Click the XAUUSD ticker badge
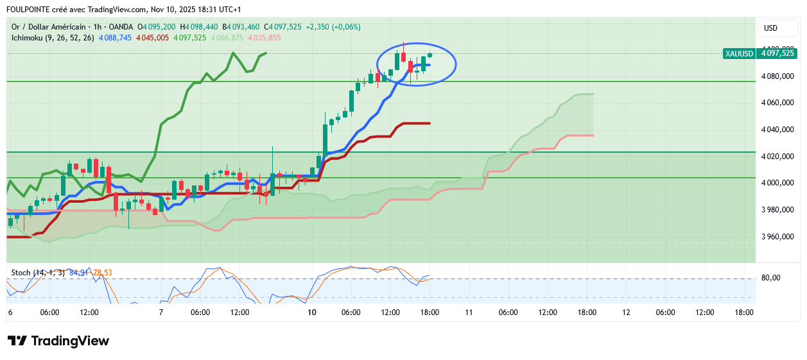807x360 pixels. (x=739, y=54)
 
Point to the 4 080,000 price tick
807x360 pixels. (x=777, y=76)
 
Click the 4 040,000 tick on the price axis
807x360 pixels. (x=777, y=130)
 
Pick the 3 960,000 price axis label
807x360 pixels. (x=777, y=237)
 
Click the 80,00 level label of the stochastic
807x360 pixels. (x=771, y=278)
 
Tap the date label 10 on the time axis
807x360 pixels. (x=312, y=313)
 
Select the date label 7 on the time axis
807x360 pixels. (x=161, y=313)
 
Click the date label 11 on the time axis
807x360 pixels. (x=469, y=313)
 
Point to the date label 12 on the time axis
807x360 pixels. (x=626, y=313)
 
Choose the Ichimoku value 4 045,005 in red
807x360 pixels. (x=152, y=38)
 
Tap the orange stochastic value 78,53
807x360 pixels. (x=103, y=273)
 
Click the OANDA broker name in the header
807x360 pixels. (x=121, y=27)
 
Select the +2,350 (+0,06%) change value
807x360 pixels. (x=333, y=27)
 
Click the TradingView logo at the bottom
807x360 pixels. (x=58, y=341)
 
